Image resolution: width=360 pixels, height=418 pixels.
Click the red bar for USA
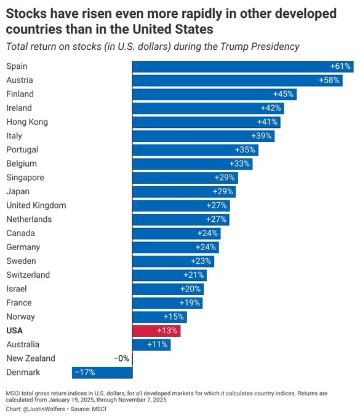pyautogui.click(x=156, y=331)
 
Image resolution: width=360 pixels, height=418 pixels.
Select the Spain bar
pyautogui.click(x=243, y=66)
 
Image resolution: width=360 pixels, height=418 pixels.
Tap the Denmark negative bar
pyautogui.click(x=102, y=373)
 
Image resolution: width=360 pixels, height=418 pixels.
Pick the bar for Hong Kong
pyautogui.click(x=207, y=122)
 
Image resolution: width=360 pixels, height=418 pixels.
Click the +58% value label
pyautogui.click(x=329, y=81)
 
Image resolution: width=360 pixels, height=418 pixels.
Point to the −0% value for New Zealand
pyautogui.click(x=121, y=358)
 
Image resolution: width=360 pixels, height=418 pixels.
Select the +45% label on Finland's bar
pyautogui.click(x=283, y=94)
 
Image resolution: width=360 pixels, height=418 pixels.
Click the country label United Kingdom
pyautogui.click(x=36, y=205)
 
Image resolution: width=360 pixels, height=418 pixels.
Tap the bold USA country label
pyautogui.click(x=15, y=331)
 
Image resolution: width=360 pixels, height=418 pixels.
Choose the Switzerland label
pyautogui.click(x=28, y=275)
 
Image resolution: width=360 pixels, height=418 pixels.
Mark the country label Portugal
pyautogui.click(x=22, y=150)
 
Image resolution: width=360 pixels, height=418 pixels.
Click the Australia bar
pyautogui.click(x=151, y=345)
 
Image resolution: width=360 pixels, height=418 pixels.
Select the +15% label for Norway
pyautogui.click(x=174, y=317)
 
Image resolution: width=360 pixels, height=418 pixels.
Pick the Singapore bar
pyautogui.click(x=185, y=178)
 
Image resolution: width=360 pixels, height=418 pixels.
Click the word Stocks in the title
pyautogui.click(x=26, y=14)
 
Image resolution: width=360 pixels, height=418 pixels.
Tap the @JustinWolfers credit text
pyautogui.click(x=44, y=409)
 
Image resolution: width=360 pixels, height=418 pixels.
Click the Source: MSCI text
pyautogui.click(x=89, y=409)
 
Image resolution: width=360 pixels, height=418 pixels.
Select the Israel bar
pyautogui.click(x=168, y=289)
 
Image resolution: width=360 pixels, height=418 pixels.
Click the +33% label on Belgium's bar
pyautogui.click(x=239, y=164)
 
